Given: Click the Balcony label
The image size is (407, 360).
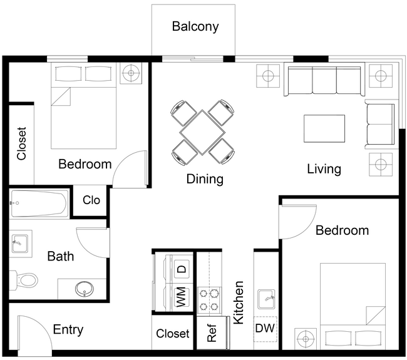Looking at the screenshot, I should tap(195, 26).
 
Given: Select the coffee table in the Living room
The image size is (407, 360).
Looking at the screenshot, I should tap(324, 128).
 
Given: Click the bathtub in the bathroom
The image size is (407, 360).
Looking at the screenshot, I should tap(39, 204).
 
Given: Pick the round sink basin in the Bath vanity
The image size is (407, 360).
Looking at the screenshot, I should tap(83, 289).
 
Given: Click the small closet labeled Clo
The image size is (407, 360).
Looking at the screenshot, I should tap(91, 200).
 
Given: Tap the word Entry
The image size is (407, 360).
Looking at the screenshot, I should tap(68, 330).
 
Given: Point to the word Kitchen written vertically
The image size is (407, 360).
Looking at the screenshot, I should tap(238, 302).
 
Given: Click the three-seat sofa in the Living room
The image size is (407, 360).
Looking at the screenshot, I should tap(324, 81).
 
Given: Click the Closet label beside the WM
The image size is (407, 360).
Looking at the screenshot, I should tap(172, 334).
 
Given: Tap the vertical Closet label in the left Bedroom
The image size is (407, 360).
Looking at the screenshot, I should tap(22, 144).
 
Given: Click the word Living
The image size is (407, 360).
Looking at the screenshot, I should tap(324, 168).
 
